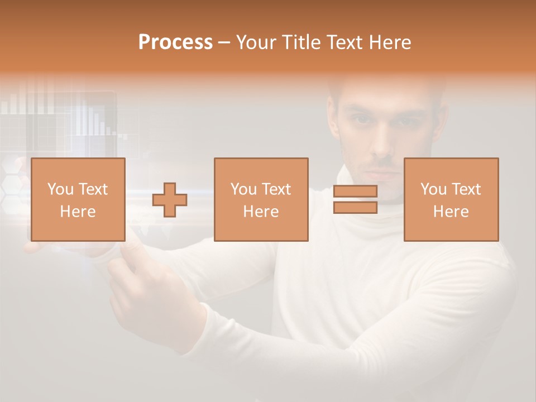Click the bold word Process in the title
coord(175,42)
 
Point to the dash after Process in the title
coord(224,42)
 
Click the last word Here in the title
coord(389,42)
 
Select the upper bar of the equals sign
coord(355,192)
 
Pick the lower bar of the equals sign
coord(355,208)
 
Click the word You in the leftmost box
coord(60,189)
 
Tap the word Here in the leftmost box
coord(78,212)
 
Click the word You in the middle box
coord(243,189)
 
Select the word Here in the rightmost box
coord(451,212)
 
